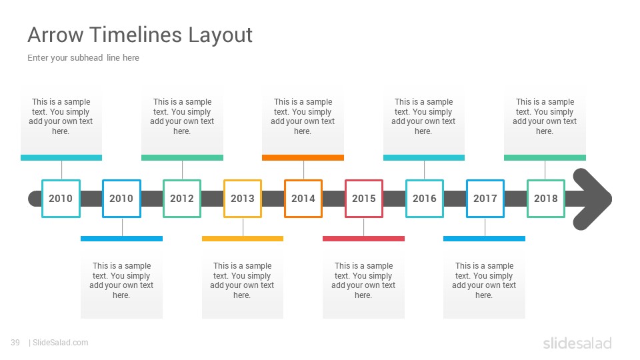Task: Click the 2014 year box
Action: tap(303, 199)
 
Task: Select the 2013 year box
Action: tap(243, 199)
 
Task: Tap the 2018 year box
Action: tap(546, 199)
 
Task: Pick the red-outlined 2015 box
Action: tap(364, 199)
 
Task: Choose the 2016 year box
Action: tap(425, 199)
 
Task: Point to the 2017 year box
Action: tap(485, 199)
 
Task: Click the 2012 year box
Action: tap(182, 199)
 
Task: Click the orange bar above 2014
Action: tap(303, 157)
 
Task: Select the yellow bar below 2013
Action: tap(243, 239)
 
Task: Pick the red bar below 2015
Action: tap(364, 239)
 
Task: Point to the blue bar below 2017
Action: tap(484, 239)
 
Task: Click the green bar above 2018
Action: tap(545, 157)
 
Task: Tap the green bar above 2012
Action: tap(182, 157)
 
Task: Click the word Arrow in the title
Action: tap(55, 35)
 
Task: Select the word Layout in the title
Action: tap(221, 35)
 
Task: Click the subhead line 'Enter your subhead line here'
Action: tap(83, 58)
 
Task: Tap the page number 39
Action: tap(15, 343)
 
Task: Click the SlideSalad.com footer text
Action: tap(61, 343)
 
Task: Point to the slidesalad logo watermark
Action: tap(577, 343)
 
